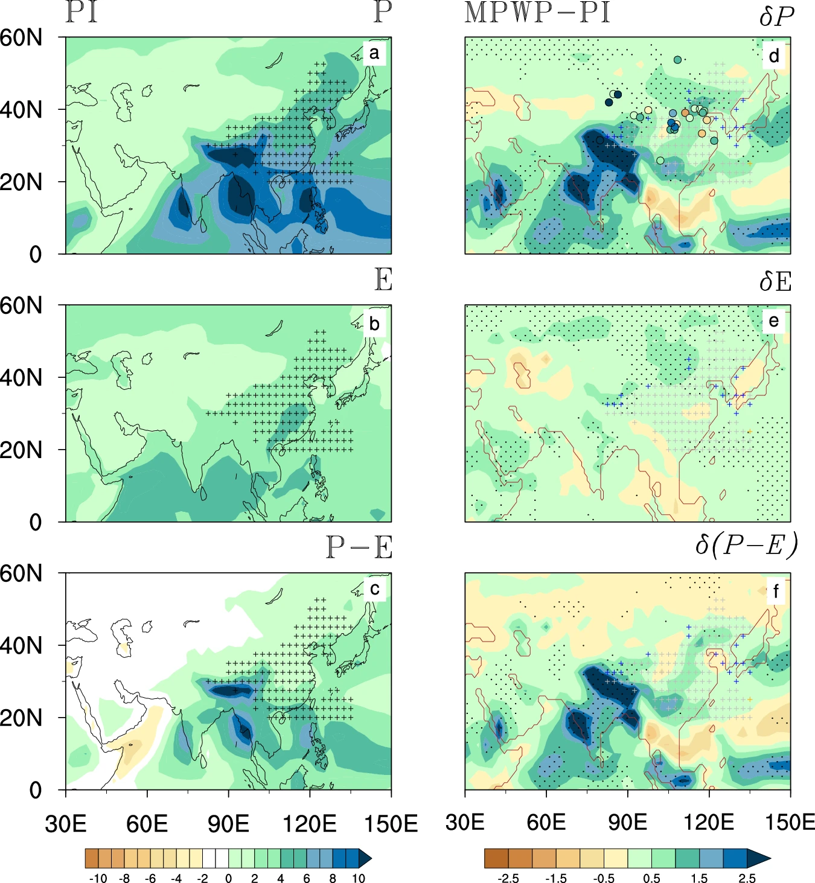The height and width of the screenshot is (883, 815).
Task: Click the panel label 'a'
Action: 374,53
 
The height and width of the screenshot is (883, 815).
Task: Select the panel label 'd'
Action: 774,56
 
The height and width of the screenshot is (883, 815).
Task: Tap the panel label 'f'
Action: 775,591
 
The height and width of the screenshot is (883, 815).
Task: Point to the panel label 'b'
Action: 374,324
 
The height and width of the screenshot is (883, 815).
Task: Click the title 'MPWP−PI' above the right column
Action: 537,13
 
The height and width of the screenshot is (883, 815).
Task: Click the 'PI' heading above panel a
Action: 81,12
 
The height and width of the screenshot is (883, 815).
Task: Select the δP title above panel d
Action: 776,16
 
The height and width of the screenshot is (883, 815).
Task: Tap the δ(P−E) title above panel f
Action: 746,545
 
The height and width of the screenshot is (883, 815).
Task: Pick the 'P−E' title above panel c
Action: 359,547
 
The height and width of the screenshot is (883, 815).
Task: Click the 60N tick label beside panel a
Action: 22,38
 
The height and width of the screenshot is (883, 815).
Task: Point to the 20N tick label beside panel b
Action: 22,450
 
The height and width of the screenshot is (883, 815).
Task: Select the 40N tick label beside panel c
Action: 22,646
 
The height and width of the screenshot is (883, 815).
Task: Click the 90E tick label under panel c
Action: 228,823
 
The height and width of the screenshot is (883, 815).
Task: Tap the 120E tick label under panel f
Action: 709,822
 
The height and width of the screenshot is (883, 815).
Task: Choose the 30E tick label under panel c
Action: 66,823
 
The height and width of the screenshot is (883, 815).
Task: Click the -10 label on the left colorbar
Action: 98,878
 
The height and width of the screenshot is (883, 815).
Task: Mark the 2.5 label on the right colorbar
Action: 747,878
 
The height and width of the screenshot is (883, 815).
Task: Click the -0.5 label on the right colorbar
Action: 604,878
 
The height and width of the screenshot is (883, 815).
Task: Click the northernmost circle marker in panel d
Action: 677,60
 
